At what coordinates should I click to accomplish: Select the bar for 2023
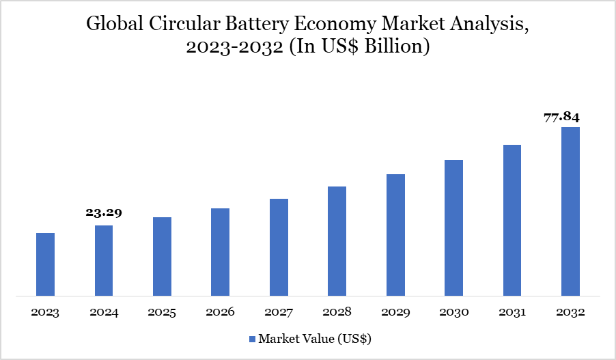tap(45, 265)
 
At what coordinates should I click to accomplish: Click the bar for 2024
tap(104, 261)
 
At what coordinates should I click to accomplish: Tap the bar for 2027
tap(279, 248)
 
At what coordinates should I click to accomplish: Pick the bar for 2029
tap(395, 236)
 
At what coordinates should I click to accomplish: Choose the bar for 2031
tap(512, 221)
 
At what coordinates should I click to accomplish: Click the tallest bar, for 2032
tap(570, 212)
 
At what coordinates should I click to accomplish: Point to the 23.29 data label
tap(104, 213)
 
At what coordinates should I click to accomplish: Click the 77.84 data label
tap(562, 117)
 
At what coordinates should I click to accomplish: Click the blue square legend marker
tap(251, 339)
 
